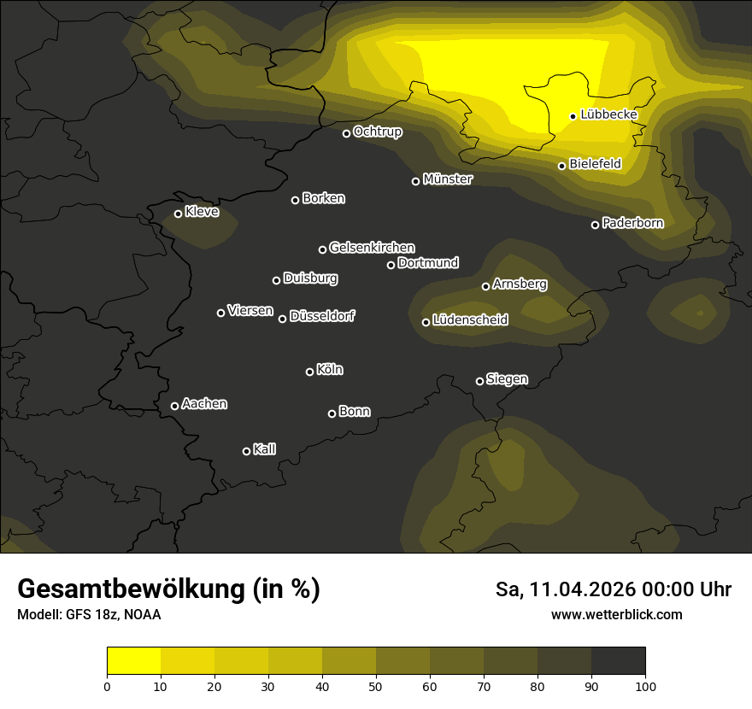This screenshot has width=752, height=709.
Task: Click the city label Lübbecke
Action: pyautogui.click(x=608, y=114)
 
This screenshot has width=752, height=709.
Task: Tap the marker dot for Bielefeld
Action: pyautogui.click(x=562, y=166)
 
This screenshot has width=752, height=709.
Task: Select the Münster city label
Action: pyautogui.click(x=447, y=179)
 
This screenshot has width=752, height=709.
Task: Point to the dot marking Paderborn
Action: pyautogui.click(x=596, y=225)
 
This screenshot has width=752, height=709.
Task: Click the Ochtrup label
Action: pyautogui.click(x=377, y=132)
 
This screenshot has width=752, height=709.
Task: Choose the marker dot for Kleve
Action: pyautogui.click(x=179, y=214)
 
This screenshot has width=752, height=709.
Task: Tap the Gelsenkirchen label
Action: pyautogui.click(x=372, y=248)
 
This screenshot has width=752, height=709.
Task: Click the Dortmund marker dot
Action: pyautogui.click(x=391, y=265)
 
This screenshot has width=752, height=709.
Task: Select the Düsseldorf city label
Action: pyautogui.click(x=322, y=316)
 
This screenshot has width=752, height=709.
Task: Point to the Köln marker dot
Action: pyautogui.click(x=310, y=372)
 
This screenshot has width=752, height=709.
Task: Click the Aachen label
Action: pyautogui.click(x=204, y=404)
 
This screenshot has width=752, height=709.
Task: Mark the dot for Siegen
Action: pyautogui.click(x=479, y=381)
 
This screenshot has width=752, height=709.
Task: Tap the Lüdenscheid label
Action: pyautogui.click(x=470, y=320)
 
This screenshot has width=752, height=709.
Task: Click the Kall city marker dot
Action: pyautogui.click(x=247, y=451)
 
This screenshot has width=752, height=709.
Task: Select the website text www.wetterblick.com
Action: pyautogui.click(x=616, y=614)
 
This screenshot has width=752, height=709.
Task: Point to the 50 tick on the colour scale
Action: pyautogui.click(x=376, y=685)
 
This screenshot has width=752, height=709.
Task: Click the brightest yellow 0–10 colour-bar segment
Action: pyautogui.click(x=134, y=660)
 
